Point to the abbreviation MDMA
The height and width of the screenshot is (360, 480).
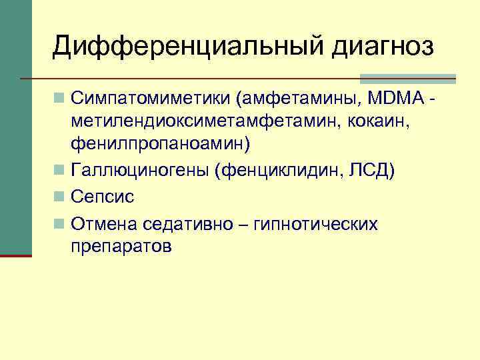396,99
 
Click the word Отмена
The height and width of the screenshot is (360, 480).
105,223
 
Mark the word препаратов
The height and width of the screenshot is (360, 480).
122,246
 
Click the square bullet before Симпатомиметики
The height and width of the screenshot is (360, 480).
60,99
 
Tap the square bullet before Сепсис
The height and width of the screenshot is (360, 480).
60,197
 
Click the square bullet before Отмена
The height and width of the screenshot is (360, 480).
60,223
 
